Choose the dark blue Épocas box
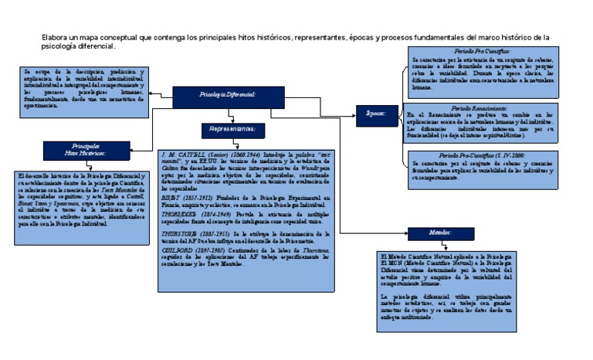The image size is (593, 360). click(x=376, y=113)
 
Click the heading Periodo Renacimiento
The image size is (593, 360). click(x=479, y=108)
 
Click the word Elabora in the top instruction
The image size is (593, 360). click(x=55, y=37)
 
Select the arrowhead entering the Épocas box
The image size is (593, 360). click(x=354, y=113)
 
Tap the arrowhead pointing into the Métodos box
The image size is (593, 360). click(x=402, y=233)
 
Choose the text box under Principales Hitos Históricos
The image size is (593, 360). click(x=75, y=201)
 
